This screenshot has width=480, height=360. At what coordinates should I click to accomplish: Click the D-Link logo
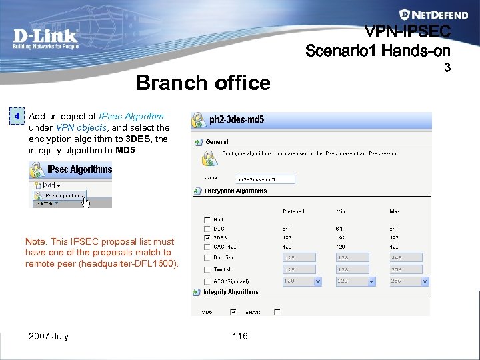[45, 39]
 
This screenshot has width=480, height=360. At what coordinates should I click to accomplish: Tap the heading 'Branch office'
[203, 83]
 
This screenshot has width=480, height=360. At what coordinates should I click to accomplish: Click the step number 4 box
[18, 117]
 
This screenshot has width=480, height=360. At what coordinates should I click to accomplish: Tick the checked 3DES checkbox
[206, 237]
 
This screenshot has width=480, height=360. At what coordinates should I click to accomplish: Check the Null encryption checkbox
[206, 219]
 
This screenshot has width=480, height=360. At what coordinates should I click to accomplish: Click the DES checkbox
[206, 228]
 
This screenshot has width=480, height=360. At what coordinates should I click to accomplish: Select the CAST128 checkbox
[206, 247]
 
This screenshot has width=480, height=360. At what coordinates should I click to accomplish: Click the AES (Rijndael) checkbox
[206, 281]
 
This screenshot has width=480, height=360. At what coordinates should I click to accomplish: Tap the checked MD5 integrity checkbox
[233, 311]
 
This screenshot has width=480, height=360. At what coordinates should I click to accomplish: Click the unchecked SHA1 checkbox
[277, 311]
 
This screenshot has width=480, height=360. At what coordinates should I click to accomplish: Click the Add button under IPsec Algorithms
[50, 185]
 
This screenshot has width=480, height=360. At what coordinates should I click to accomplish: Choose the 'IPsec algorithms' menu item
[64, 196]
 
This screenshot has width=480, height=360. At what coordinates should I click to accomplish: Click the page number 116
[240, 336]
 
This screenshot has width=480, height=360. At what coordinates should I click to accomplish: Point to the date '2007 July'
[48, 336]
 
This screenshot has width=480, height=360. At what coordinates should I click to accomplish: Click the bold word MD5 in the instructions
[125, 151]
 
